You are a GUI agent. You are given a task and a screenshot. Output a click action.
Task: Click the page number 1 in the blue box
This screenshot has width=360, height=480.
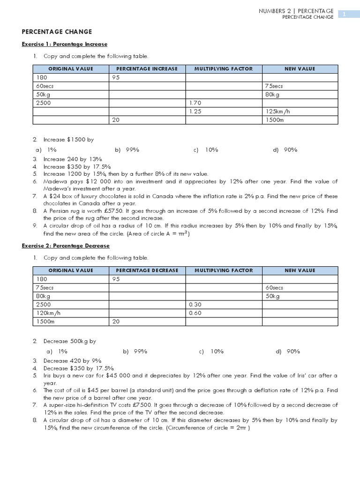(x=344, y=14)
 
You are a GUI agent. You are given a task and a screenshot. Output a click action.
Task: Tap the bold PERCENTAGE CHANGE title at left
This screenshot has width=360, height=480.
(x=57, y=32)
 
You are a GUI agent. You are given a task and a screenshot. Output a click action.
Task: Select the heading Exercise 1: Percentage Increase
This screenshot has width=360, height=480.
(x=65, y=44)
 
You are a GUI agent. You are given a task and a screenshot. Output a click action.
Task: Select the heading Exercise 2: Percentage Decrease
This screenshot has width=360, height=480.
(x=66, y=246)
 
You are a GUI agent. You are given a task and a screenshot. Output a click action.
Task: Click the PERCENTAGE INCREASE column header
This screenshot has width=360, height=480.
(x=147, y=69)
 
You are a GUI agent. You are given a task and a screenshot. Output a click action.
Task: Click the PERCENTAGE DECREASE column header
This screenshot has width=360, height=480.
(x=147, y=270)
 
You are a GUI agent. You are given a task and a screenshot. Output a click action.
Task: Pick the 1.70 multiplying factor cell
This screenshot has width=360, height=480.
(x=195, y=103)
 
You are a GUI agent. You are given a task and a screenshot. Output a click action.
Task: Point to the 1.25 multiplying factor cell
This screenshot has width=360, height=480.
(x=195, y=111)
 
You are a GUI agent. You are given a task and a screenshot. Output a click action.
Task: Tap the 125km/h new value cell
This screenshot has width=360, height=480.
(x=277, y=111)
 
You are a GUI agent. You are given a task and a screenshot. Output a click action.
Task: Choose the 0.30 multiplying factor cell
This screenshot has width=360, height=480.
(x=195, y=304)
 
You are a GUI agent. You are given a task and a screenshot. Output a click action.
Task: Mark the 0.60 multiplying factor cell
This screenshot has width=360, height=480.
(x=195, y=313)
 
